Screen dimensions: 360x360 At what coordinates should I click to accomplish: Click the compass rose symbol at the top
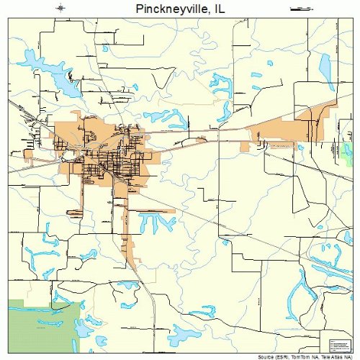(60, 8)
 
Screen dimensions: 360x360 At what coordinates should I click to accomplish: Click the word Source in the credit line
(268, 356)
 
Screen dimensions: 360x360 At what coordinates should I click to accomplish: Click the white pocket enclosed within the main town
(69, 153)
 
